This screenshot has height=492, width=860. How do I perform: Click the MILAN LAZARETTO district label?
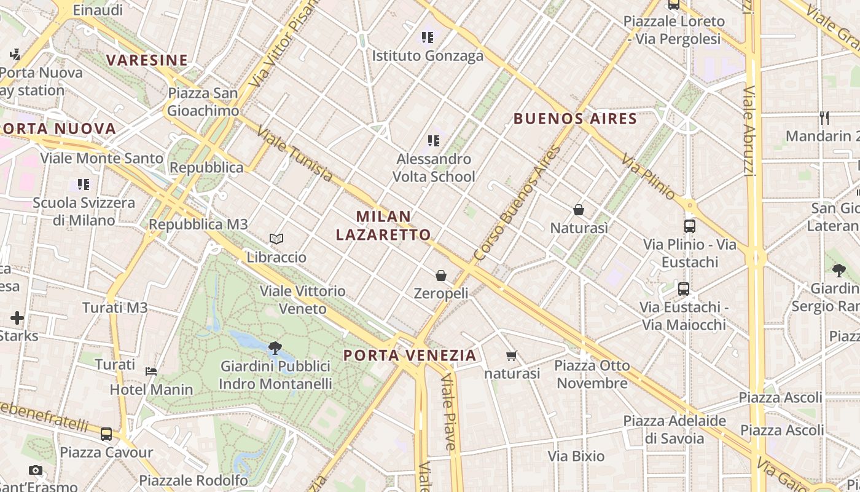pyautogui.click(x=384, y=226)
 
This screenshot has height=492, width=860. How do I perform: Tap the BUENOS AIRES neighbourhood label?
pyautogui.click(x=575, y=119)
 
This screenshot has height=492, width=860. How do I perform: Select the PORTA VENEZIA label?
pyautogui.click(x=410, y=355)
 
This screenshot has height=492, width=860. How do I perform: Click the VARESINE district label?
pyautogui.click(x=147, y=60)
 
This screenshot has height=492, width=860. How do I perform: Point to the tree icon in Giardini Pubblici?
pyautogui.click(x=275, y=348)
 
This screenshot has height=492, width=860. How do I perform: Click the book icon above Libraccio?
pyautogui.click(x=276, y=239)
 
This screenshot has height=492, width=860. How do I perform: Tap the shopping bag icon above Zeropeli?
pyautogui.click(x=441, y=275)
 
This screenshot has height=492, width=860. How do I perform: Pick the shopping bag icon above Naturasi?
pyautogui.click(x=579, y=210)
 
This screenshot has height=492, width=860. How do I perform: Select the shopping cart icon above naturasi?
pyautogui.click(x=511, y=355)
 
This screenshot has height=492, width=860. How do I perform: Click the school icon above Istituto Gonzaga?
pyautogui.click(x=428, y=38)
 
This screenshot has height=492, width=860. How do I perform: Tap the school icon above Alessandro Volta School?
pyautogui.click(x=434, y=141)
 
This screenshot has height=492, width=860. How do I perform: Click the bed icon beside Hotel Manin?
pyautogui.click(x=151, y=371)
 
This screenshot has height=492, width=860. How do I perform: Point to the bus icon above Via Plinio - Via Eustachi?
pyautogui.click(x=690, y=226)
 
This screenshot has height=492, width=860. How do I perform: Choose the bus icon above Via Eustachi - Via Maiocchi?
pyautogui.click(x=684, y=288)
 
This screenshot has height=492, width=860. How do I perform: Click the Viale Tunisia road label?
pyautogui.click(x=295, y=154)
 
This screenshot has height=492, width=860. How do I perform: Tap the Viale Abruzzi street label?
pyautogui.click(x=748, y=130)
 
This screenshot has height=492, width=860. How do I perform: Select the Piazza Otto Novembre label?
pyautogui.click(x=592, y=374)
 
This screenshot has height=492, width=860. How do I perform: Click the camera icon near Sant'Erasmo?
pyautogui.click(x=36, y=470)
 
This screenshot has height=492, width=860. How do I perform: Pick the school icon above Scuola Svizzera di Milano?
pyautogui.click(x=84, y=184)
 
